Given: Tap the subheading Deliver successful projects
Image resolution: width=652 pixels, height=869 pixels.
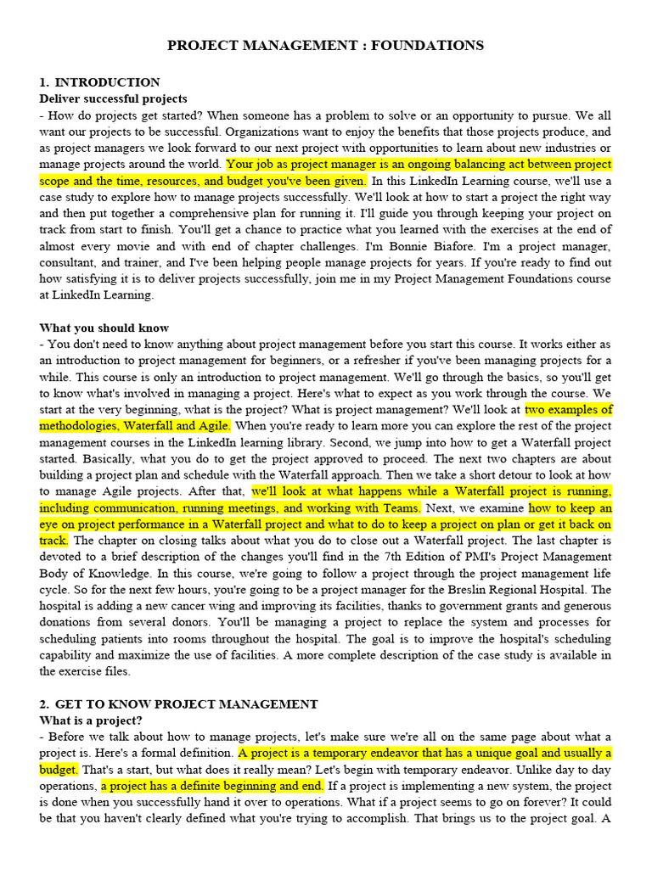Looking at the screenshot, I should click(x=113, y=99).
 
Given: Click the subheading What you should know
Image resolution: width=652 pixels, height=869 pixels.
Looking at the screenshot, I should click(x=104, y=328).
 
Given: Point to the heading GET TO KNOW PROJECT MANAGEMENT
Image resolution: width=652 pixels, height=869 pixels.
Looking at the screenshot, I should click(x=186, y=704).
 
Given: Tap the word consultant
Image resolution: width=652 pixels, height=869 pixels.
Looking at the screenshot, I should click(x=70, y=263).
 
